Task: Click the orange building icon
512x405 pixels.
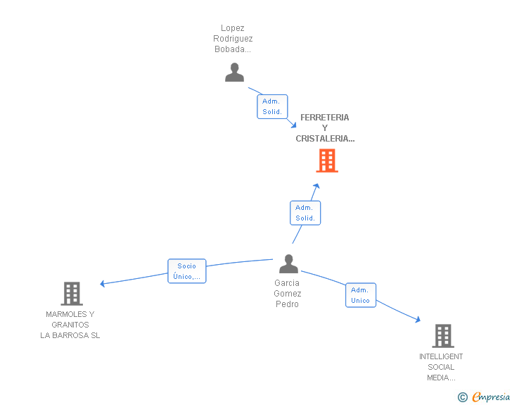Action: click(327, 161)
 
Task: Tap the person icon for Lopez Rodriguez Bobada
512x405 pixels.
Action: click(234, 73)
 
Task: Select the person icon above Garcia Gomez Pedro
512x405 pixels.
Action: click(288, 263)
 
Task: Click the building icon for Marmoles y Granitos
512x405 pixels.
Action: click(72, 294)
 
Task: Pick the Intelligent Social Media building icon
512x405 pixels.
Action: click(443, 336)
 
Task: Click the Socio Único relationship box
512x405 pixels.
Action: click(187, 271)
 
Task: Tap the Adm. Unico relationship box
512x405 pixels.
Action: click(361, 295)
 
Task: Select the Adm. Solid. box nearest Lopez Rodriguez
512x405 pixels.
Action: click(272, 106)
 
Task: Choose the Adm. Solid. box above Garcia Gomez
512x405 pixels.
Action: click(305, 213)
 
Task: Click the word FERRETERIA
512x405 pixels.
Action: click(325, 118)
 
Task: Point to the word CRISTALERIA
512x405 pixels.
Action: click(325, 139)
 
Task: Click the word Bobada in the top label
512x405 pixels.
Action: click(233, 49)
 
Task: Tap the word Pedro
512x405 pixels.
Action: click(287, 304)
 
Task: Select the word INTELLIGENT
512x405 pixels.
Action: click(441, 356)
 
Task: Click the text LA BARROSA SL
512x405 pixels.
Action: click(70, 335)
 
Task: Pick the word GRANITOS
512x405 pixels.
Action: click(70, 325)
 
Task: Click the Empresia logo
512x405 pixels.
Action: click(484, 397)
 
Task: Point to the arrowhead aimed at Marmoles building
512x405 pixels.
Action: click(102, 284)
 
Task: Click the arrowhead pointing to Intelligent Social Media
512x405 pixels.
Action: click(418, 319)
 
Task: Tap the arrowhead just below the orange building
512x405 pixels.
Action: click(316, 186)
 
